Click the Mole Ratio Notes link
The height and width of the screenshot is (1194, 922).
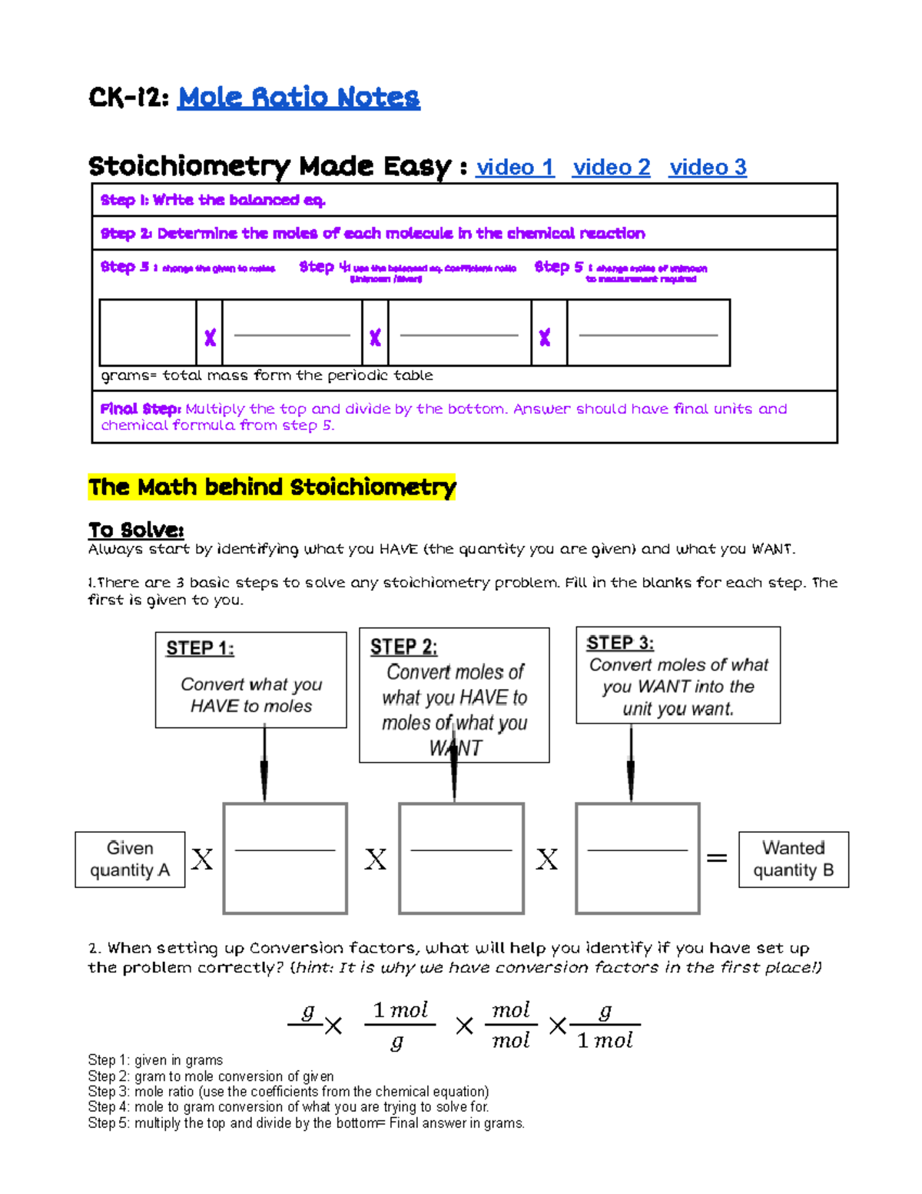pos(298,98)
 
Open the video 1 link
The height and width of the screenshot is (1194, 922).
pos(515,168)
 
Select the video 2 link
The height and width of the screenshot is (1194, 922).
pos(611,168)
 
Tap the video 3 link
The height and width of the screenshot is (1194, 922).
pos(708,168)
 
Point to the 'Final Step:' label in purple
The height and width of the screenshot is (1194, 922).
pos(141,409)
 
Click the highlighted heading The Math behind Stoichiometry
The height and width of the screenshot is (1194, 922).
pos(272,487)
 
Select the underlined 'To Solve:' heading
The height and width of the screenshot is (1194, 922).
pos(136,530)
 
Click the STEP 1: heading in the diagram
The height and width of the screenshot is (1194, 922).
pos(200,648)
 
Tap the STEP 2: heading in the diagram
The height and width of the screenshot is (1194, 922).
pos(403,647)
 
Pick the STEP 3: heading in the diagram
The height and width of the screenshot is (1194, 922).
pos(620,643)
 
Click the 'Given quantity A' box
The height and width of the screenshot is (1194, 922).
pos(130,860)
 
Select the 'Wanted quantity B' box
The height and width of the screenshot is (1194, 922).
pos(794,860)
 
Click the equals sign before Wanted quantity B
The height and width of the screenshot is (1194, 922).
pos(717,858)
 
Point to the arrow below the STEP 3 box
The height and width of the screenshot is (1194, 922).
pos(631,764)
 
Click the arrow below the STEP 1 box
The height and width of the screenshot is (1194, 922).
pos(264,766)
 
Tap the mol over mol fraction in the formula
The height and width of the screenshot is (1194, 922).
pos(511,1026)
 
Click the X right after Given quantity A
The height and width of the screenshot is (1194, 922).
pos(202,859)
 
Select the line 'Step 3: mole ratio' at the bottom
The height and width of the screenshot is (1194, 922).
pos(288,1092)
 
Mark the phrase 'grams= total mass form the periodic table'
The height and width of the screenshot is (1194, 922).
pos(267,376)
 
